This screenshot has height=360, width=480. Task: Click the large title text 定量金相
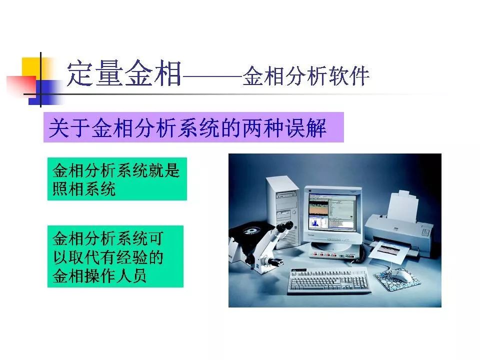coord(124,73)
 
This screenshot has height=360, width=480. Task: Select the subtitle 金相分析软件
coord(306,75)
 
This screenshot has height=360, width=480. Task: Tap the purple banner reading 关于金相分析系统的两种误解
coord(193,127)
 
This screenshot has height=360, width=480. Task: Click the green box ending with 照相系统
coord(117,179)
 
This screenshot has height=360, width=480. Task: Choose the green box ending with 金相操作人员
coord(115,256)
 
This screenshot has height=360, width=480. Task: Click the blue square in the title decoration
coord(44,92)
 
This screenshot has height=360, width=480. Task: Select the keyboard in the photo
coord(328,279)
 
